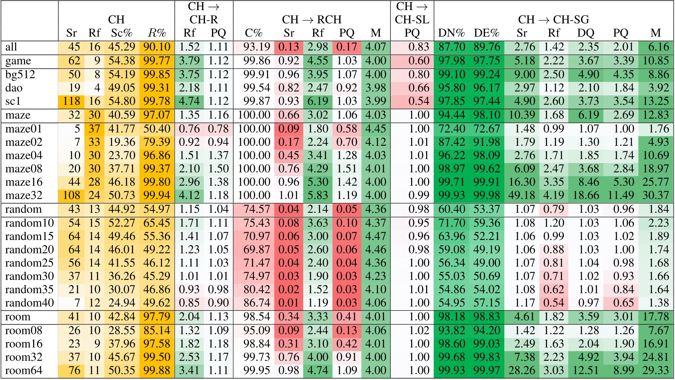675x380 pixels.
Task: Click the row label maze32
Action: coord(24,195)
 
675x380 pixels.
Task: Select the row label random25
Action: coord(29,263)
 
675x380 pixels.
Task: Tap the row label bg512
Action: coord(20,75)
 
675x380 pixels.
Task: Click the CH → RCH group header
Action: coord(312,20)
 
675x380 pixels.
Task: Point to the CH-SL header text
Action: coord(412,20)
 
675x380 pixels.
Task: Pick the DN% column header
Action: coord(451,33)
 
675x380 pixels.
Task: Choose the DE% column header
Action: coord(486,33)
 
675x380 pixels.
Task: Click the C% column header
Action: coord(254,33)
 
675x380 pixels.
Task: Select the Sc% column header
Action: coord(122,33)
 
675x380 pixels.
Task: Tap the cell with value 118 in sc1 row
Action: coord(71,102)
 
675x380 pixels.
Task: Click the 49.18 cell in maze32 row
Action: coord(521,195)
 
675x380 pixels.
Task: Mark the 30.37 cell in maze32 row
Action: coord(655,195)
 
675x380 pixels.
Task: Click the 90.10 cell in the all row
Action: coord(156,47)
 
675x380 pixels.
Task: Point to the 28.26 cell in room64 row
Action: coord(521,371)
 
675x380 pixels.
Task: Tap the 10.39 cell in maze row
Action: coord(521,115)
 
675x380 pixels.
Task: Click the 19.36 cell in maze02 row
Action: coord(122,142)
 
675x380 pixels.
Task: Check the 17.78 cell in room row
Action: coord(655,317)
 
